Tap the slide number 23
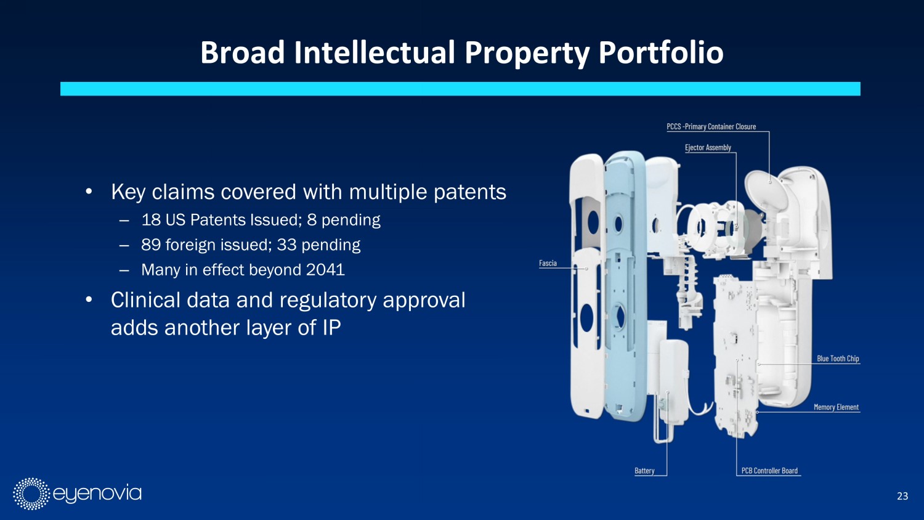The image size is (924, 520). (902, 496)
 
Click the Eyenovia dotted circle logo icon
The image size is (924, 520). (31, 494)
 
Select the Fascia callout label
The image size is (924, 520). (548, 263)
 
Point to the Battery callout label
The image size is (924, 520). (644, 471)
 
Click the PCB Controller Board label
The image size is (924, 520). (769, 471)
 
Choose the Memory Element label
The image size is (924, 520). (836, 407)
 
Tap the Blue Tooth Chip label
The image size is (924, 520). (838, 359)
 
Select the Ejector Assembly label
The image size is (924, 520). (708, 148)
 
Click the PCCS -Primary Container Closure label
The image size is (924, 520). (711, 127)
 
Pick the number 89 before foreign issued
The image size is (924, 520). (151, 245)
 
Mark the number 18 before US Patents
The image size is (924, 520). (151, 220)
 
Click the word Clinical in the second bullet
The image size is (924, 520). (145, 300)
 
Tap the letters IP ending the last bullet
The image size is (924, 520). (331, 328)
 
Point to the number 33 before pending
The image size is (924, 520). (286, 245)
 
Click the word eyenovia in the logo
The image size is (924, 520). (97, 494)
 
